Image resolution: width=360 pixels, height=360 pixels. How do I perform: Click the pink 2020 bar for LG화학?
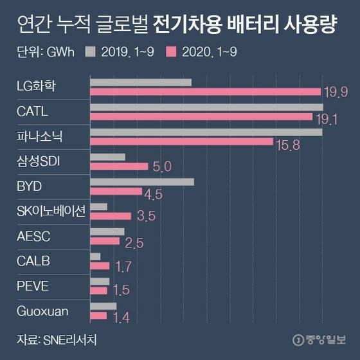click(x=205, y=92)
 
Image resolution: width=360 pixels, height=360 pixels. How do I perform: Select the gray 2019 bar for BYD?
click(x=142, y=182)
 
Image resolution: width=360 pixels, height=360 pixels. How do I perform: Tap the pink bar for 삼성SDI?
click(x=119, y=166)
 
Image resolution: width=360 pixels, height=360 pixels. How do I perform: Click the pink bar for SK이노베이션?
click(x=111, y=216)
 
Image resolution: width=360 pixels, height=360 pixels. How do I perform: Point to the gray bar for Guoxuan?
click(x=104, y=306)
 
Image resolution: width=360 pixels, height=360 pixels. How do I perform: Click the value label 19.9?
click(x=335, y=93)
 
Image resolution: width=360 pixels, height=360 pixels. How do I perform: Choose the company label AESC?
click(x=33, y=236)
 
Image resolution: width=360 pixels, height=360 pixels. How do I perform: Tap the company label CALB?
click(x=32, y=261)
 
